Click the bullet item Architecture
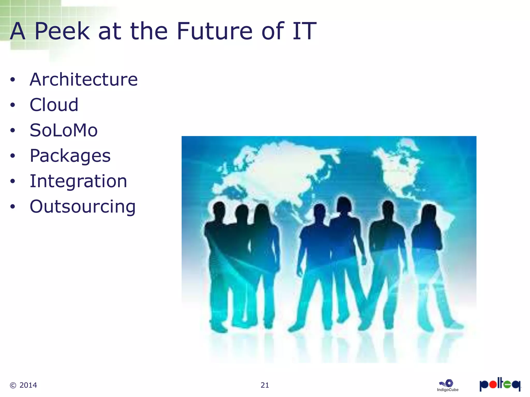84,79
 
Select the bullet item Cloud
54,105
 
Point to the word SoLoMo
64,130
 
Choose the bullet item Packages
70,156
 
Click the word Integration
78,181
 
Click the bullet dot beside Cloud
13,105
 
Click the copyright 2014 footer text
23,385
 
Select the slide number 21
265,385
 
